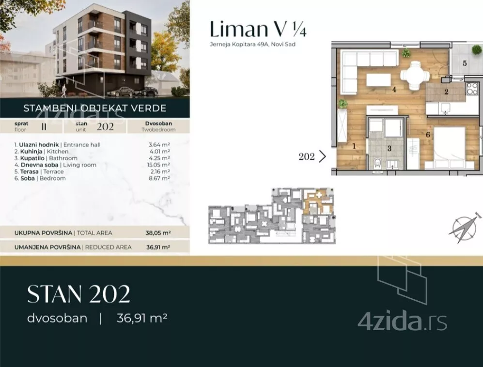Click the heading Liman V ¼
click(x=258, y=30)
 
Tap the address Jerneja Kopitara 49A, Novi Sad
click(x=252, y=45)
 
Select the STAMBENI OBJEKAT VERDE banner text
click(x=95, y=108)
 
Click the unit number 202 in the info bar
click(x=105, y=127)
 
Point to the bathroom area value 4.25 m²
click(x=159, y=158)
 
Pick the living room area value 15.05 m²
click(x=158, y=165)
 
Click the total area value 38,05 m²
click(x=158, y=233)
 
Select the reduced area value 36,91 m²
click(x=158, y=247)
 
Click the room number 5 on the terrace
click(x=464, y=63)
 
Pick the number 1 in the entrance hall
click(x=354, y=145)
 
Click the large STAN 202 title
click(x=78, y=294)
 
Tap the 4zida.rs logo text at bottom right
click(x=402, y=321)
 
